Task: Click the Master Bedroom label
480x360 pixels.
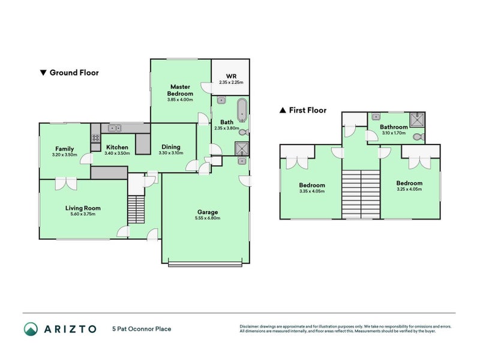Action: pyautogui.click(x=180, y=90)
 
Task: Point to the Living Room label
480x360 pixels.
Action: pyautogui.click(x=83, y=208)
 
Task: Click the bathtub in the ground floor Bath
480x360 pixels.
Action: pyautogui.click(x=242, y=110)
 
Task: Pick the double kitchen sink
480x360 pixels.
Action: pyautogui.click(x=114, y=128)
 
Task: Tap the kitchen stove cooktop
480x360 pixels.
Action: pyautogui.click(x=95, y=139)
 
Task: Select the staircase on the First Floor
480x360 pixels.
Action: pyautogui.click(x=361, y=194)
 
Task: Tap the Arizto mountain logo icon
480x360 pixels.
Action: pyautogui.click(x=31, y=329)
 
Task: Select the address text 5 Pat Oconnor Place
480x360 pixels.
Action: pyautogui.click(x=142, y=329)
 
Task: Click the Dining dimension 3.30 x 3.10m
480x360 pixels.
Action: pyautogui.click(x=171, y=153)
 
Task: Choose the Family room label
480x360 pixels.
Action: pyautogui.click(x=64, y=149)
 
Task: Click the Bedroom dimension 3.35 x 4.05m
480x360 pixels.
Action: pyautogui.click(x=312, y=191)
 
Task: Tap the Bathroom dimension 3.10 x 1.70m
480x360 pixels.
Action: pyautogui.click(x=394, y=133)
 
